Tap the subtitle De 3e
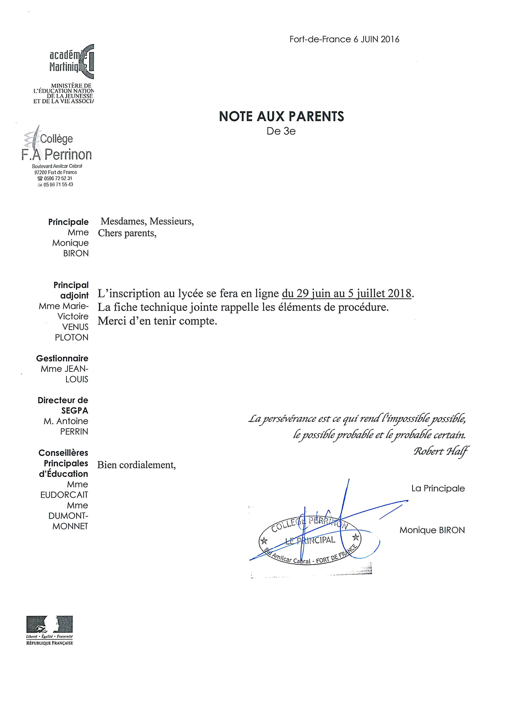point(281,131)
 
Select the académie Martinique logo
point(72,62)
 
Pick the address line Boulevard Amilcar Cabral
point(57,166)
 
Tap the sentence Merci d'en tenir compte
point(157,321)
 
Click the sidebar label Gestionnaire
point(62,358)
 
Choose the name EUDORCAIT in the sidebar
point(64,495)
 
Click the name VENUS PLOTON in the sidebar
point(72,332)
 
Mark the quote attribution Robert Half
point(441,451)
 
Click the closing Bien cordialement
point(136,465)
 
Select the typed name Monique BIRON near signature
point(432,530)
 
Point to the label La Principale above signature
point(438,488)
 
